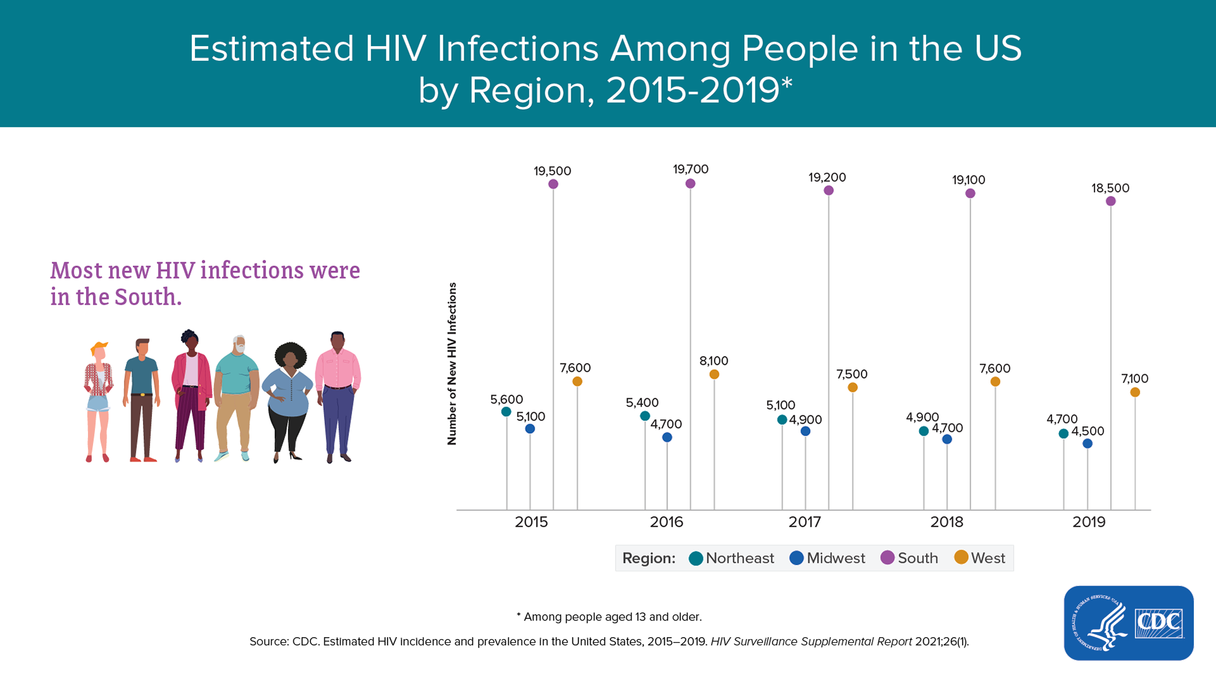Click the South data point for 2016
coord(690,184)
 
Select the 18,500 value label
coord(1110,188)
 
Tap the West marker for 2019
coord(1135,393)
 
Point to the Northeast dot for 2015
coord(506,412)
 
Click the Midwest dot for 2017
coord(806,431)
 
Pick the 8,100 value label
coord(714,361)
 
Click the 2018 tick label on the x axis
coord(947,522)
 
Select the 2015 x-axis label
coord(531,522)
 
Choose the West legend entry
coord(980,558)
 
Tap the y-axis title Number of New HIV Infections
coord(452,364)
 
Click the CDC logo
coord(1129,623)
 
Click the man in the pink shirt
coord(338,396)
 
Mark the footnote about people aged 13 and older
coord(609,617)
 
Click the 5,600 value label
coord(507,400)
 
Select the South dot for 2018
coord(970,193)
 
